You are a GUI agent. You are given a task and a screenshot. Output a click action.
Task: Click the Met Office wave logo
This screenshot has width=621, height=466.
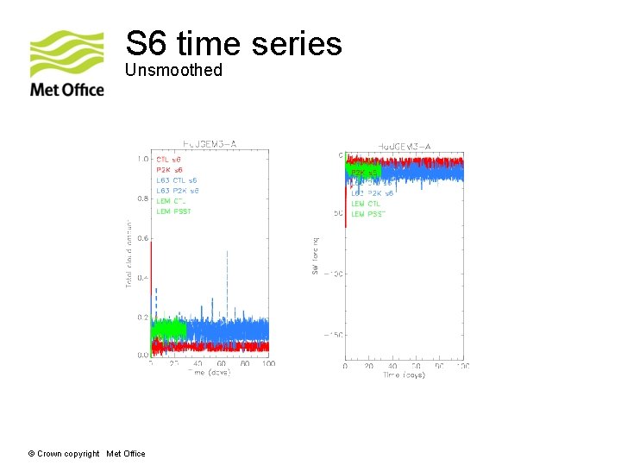click(x=67, y=54)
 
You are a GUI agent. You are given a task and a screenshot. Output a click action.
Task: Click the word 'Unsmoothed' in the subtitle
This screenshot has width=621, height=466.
click(x=173, y=70)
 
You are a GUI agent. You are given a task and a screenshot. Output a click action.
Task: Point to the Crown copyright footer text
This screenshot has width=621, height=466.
click(x=87, y=454)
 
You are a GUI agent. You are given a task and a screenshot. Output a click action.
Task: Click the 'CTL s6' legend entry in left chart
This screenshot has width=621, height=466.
click(x=169, y=160)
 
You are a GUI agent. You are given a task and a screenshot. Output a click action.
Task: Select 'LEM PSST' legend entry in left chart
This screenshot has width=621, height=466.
click(x=173, y=211)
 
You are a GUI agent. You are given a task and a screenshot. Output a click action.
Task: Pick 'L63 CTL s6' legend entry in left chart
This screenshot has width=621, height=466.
click(x=177, y=180)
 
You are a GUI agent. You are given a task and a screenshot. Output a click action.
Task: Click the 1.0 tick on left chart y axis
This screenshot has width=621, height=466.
click(x=141, y=159)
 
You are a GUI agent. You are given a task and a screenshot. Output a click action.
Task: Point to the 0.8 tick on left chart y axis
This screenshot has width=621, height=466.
click(x=141, y=198)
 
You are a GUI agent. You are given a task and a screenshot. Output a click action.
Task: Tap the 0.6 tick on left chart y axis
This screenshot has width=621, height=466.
click(x=141, y=238)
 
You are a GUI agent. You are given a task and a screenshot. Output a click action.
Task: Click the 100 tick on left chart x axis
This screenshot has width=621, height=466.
click(x=268, y=364)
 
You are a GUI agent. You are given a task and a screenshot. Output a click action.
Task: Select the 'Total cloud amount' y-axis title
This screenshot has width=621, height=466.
click(x=129, y=251)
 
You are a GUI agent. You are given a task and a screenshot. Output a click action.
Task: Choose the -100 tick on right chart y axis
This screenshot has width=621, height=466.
click(x=332, y=274)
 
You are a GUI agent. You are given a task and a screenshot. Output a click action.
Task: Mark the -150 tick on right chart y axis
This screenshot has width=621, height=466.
click(x=332, y=335)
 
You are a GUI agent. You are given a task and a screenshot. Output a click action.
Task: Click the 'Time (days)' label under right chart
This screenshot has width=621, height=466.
click(x=405, y=375)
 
